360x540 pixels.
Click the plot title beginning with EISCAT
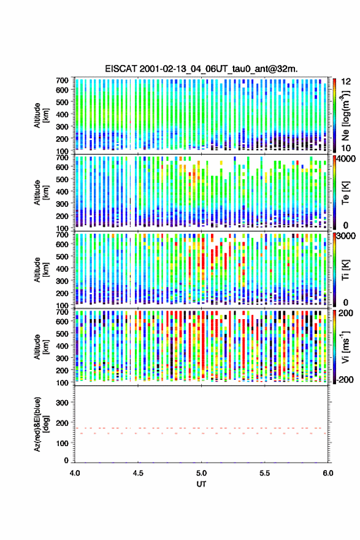201,69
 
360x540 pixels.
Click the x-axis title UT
201,484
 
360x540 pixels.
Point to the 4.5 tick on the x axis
138,473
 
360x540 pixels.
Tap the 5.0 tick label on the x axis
201,473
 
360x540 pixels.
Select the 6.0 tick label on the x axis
328,473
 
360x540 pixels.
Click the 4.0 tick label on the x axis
75,473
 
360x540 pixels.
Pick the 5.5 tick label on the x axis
265,473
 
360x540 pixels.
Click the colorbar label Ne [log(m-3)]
345,115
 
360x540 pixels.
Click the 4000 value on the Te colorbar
347,160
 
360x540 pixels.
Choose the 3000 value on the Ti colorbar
347,236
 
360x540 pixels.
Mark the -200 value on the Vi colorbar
345,379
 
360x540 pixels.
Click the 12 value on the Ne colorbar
346,82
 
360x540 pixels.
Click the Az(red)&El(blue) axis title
42,424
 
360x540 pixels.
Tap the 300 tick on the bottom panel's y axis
62,403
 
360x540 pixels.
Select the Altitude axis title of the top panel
42,115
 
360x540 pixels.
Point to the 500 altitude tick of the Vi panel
62,333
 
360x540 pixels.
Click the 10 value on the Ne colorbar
346,148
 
